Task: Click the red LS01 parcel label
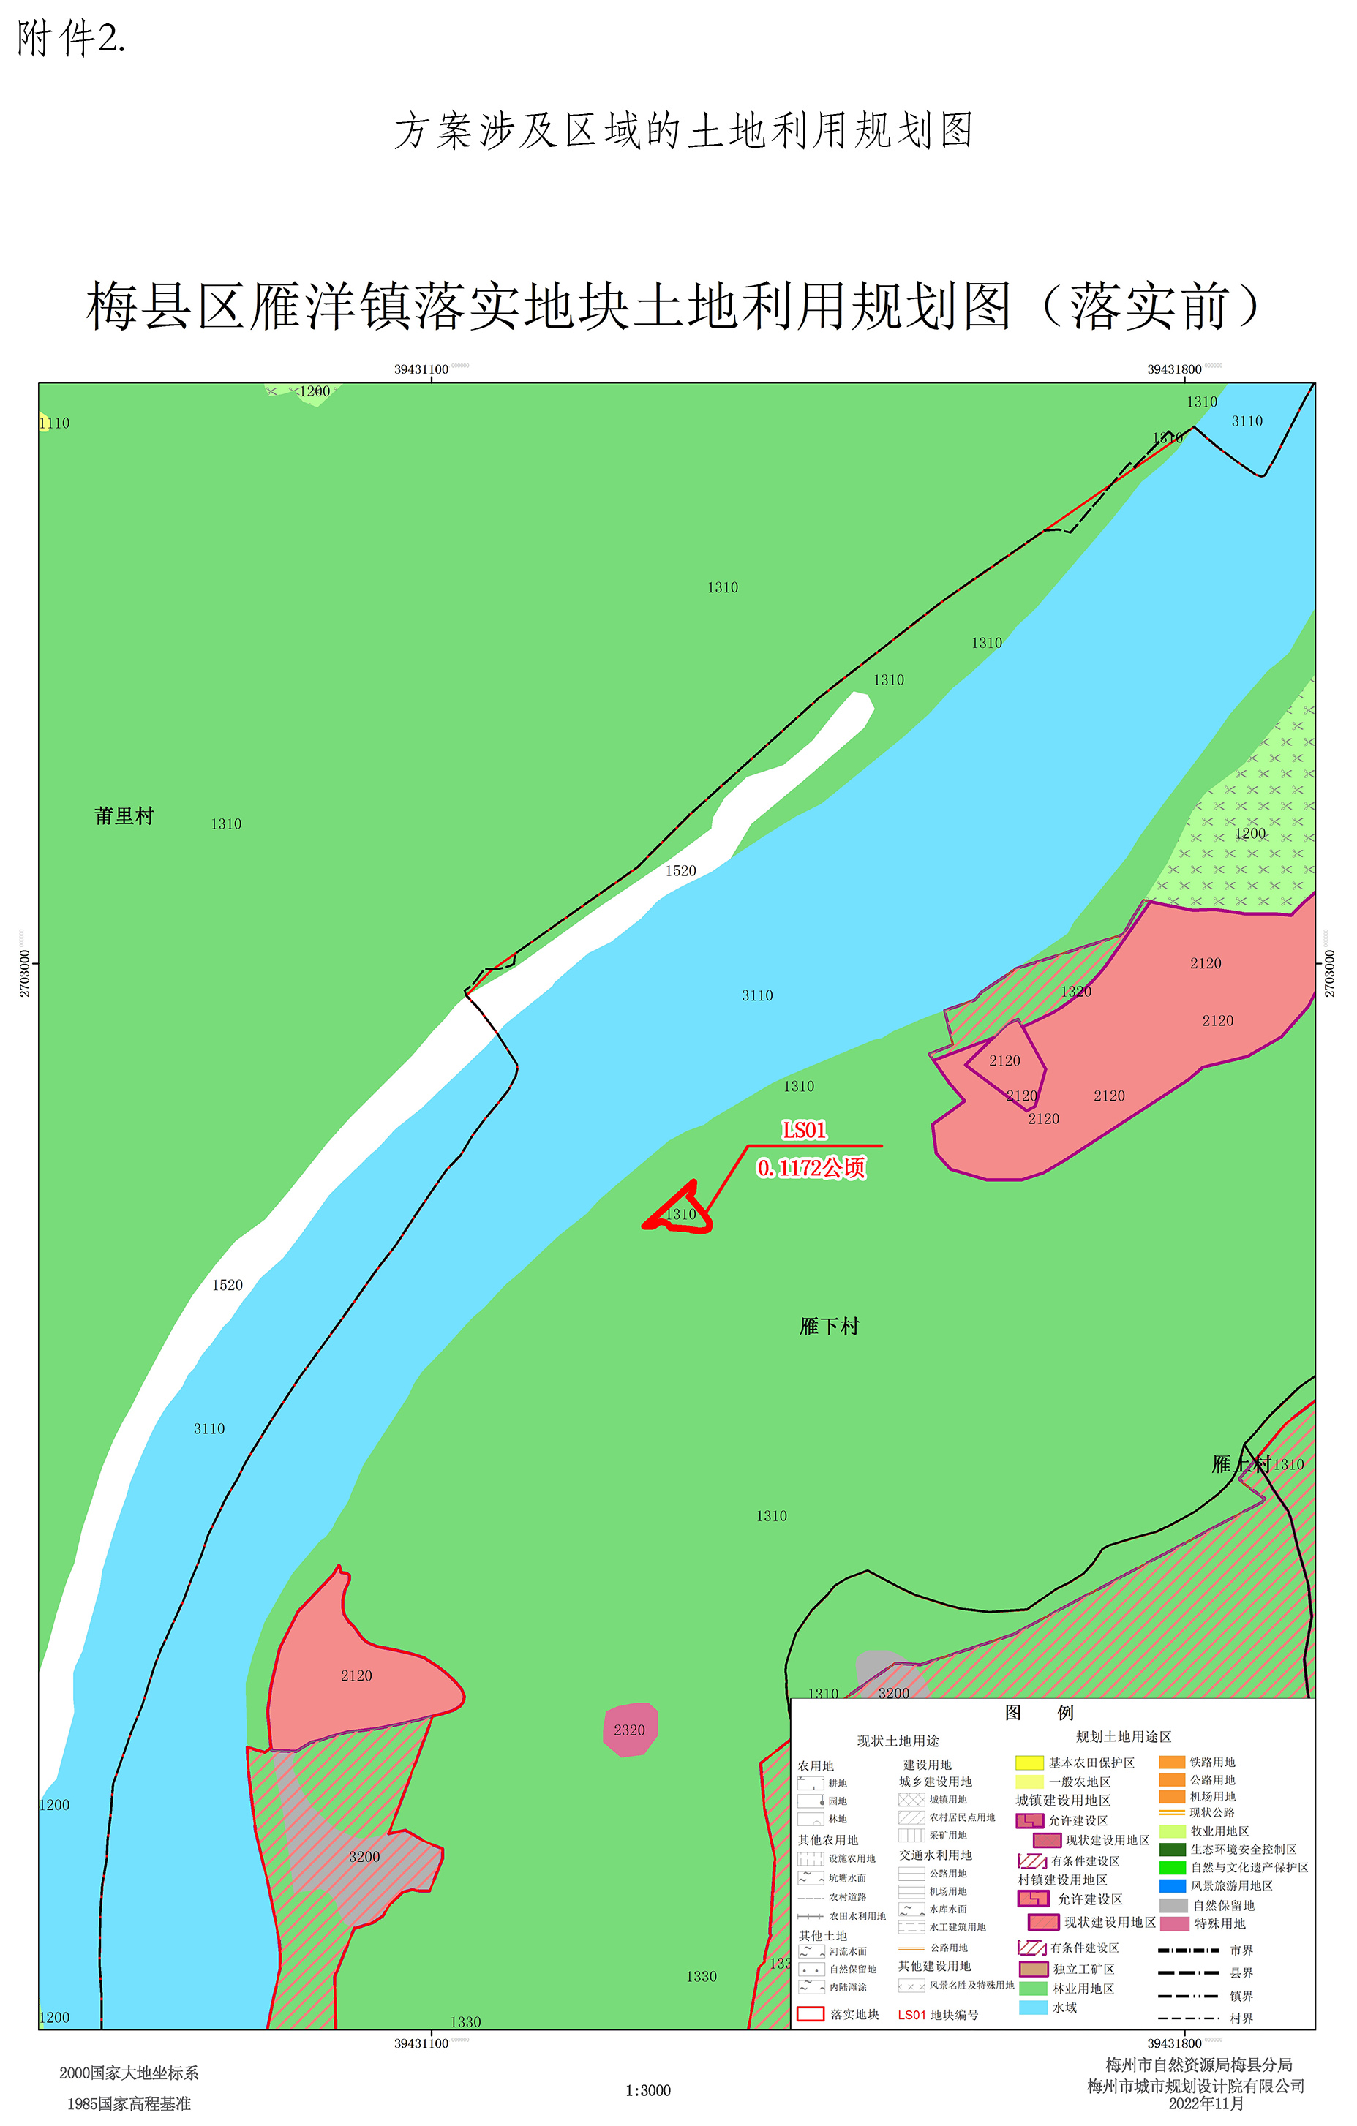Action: click(x=804, y=1130)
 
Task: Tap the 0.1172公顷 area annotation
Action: click(x=811, y=1168)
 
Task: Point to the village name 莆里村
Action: click(x=124, y=815)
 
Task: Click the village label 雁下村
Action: click(x=828, y=1327)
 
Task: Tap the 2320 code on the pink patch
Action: click(x=630, y=1730)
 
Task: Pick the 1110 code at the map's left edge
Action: click(x=54, y=423)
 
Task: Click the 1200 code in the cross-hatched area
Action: click(x=1249, y=834)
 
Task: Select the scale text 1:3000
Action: click(x=648, y=2090)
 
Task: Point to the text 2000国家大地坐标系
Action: click(x=129, y=2073)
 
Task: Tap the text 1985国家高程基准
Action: click(x=129, y=2104)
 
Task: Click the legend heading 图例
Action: click(x=1040, y=1713)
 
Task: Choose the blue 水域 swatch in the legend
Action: click(x=1033, y=2007)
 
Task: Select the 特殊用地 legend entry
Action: click(x=1219, y=1923)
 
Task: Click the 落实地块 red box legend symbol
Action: click(x=811, y=2014)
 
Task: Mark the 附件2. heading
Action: click(x=71, y=39)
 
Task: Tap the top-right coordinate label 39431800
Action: click(x=1174, y=369)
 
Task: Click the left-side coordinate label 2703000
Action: click(x=25, y=973)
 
